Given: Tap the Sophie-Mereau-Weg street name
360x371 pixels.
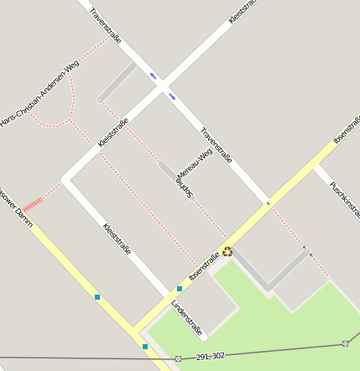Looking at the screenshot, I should (194, 175).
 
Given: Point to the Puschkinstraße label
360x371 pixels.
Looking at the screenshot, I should (344, 198).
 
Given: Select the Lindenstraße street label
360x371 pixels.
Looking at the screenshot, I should (188, 318).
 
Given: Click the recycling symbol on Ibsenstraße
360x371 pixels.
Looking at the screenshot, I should (227, 251).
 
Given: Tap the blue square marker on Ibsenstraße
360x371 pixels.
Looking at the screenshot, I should (180, 289).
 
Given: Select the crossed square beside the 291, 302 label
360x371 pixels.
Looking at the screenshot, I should (178, 359).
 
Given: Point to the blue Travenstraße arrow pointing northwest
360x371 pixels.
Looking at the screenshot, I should (153, 76).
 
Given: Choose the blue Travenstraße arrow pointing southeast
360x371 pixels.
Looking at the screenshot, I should (172, 96).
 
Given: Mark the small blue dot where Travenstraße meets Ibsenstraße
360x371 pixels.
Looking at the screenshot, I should (268, 203).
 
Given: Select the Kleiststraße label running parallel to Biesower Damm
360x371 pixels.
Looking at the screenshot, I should (116, 239).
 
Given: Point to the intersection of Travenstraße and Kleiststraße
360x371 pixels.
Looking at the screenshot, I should (162, 85).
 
